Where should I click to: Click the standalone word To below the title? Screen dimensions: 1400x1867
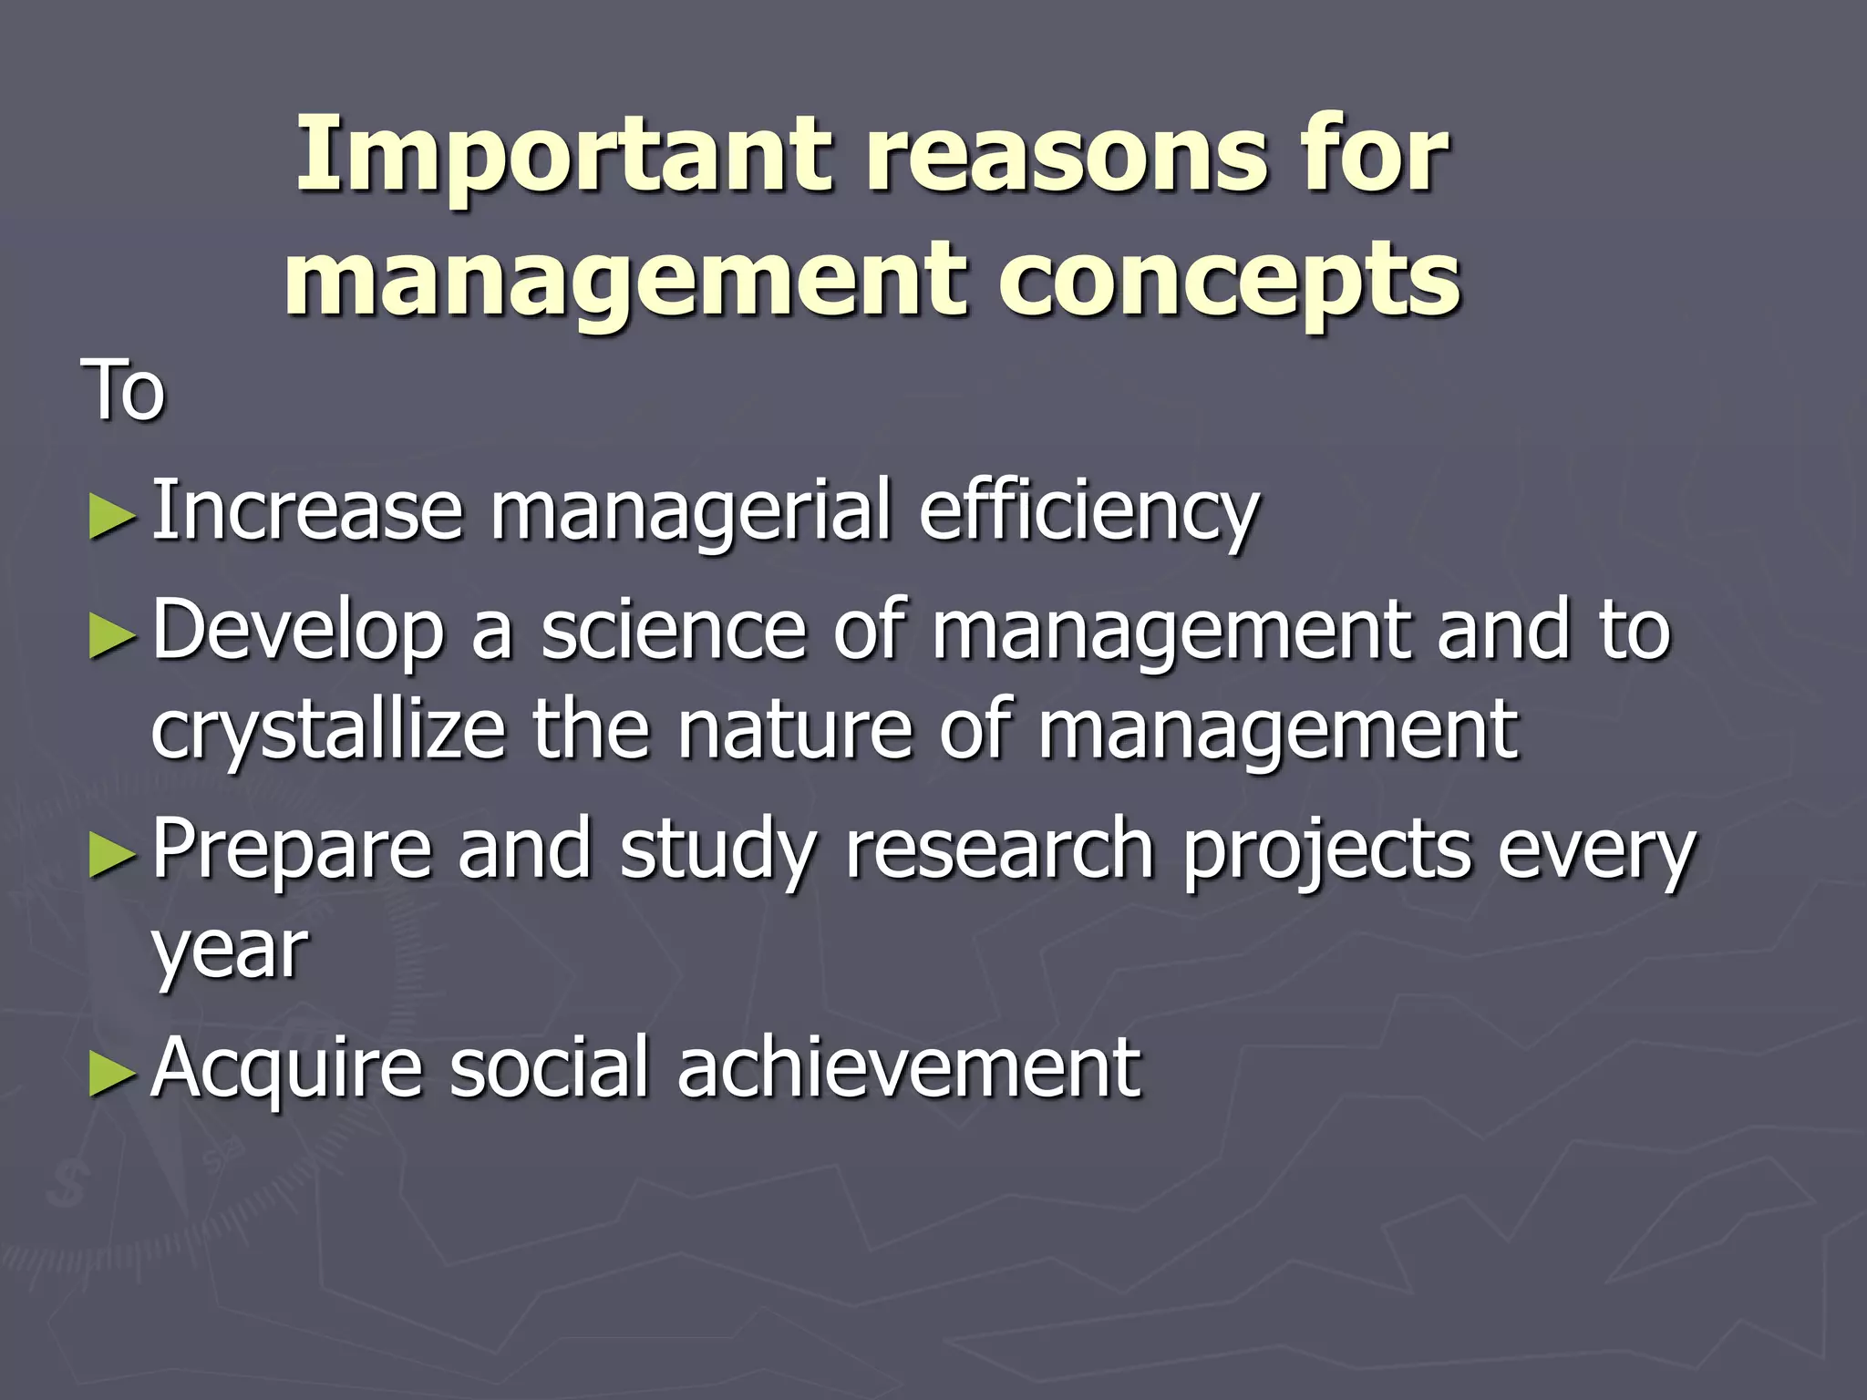[124, 390]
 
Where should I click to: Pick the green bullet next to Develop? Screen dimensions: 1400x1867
[113, 635]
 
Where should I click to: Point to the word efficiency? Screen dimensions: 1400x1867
[1088, 512]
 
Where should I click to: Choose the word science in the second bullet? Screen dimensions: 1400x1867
[674, 631]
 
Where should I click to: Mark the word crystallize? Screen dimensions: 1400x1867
[328, 731]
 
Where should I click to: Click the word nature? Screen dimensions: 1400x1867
[794, 731]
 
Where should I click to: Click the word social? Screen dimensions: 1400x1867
[548, 1068]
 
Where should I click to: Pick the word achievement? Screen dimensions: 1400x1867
[908, 1068]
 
